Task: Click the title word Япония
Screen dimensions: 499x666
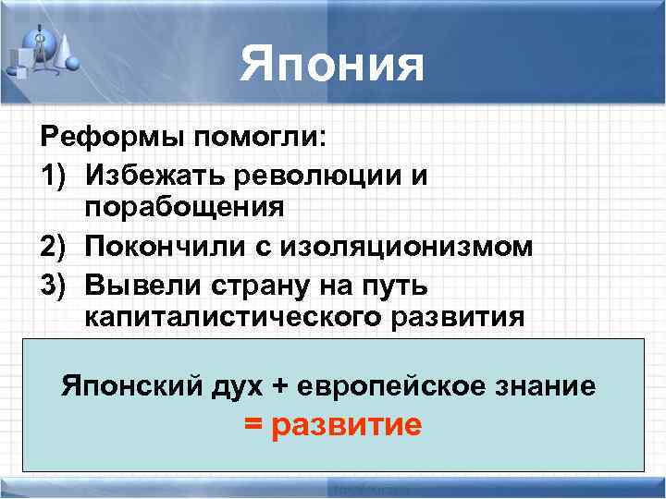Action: (x=332, y=65)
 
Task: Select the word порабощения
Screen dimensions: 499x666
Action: (x=184, y=209)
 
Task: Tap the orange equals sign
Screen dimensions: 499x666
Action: (x=254, y=425)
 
